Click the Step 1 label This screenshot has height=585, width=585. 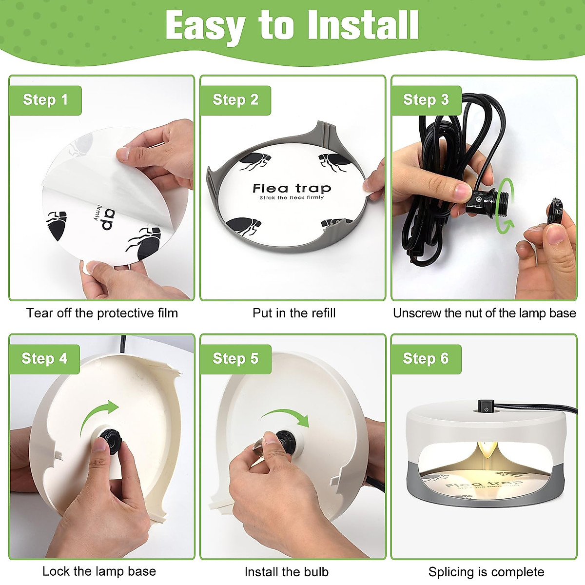coord(45,100)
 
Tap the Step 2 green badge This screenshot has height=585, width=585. coord(235,100)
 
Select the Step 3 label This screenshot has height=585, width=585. coord(426,100)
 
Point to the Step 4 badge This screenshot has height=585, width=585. coord(44,359)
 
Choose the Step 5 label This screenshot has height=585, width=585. coord(235,359)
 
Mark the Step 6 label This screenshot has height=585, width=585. coord(426,359)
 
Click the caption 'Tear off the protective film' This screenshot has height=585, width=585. coord(102,313)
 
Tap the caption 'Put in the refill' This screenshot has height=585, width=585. coord(294,313)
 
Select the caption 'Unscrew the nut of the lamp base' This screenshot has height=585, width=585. coord(485,313)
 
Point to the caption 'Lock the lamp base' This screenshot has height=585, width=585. coord(99,571)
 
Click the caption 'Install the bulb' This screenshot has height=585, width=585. coord(287,572)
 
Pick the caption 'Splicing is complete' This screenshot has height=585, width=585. coord(486,572)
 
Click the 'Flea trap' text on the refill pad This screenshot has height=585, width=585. coord(292,189)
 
